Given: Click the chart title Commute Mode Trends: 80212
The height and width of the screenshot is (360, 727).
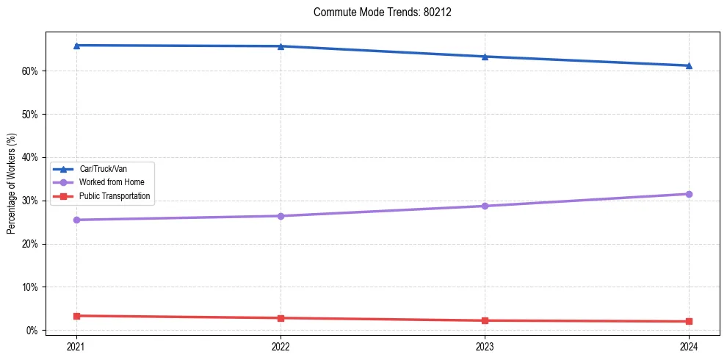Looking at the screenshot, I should click(377, 12).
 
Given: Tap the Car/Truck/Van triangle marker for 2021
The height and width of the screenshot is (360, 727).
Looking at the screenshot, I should click(76, 46).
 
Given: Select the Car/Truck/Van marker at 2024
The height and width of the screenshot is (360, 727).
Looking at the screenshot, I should click(689, 65).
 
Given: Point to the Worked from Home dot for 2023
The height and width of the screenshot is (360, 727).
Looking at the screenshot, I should click(485, 206).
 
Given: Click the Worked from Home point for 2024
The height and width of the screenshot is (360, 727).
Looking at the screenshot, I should click(689, 194).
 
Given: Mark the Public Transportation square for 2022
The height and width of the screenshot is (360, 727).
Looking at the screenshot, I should click(281, 318).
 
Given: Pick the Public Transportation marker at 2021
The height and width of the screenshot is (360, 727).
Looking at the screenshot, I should click(76, 316).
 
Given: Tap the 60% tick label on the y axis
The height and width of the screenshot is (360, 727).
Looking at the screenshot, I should click(29, 71).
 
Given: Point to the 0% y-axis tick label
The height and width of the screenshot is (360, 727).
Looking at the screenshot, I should click(32, 331).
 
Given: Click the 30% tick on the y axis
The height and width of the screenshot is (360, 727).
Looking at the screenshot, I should click(29, 201).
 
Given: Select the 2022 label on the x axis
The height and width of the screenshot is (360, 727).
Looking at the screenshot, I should click(281, 345).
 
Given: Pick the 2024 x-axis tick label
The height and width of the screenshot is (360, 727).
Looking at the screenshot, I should click(689, 345).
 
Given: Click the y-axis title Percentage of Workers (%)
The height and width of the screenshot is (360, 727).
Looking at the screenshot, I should click(11, 184).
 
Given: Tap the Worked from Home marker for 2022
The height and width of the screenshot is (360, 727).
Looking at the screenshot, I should click(281, 216).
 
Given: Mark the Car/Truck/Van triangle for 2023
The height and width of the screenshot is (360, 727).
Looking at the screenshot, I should click(485, 57).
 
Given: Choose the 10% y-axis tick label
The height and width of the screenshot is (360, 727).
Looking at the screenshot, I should click(29, 287).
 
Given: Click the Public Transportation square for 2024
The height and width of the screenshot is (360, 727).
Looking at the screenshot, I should click(689, 321).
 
